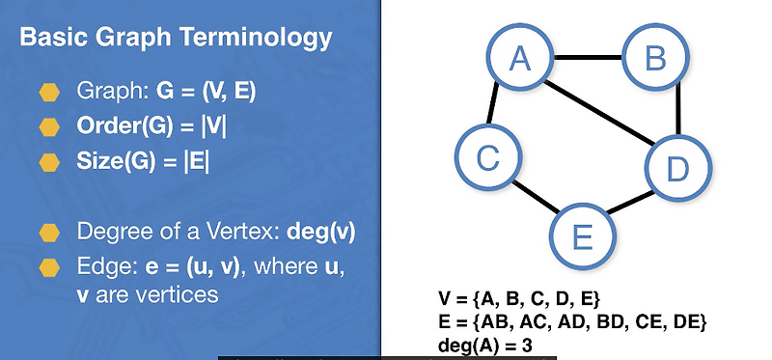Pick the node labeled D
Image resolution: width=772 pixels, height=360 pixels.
click(677, 170)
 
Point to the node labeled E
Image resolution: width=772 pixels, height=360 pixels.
click(582, 234)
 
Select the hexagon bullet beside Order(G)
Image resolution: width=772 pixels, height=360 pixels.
click(49, 126)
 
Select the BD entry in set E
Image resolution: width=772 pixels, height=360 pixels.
click(605, 321)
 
